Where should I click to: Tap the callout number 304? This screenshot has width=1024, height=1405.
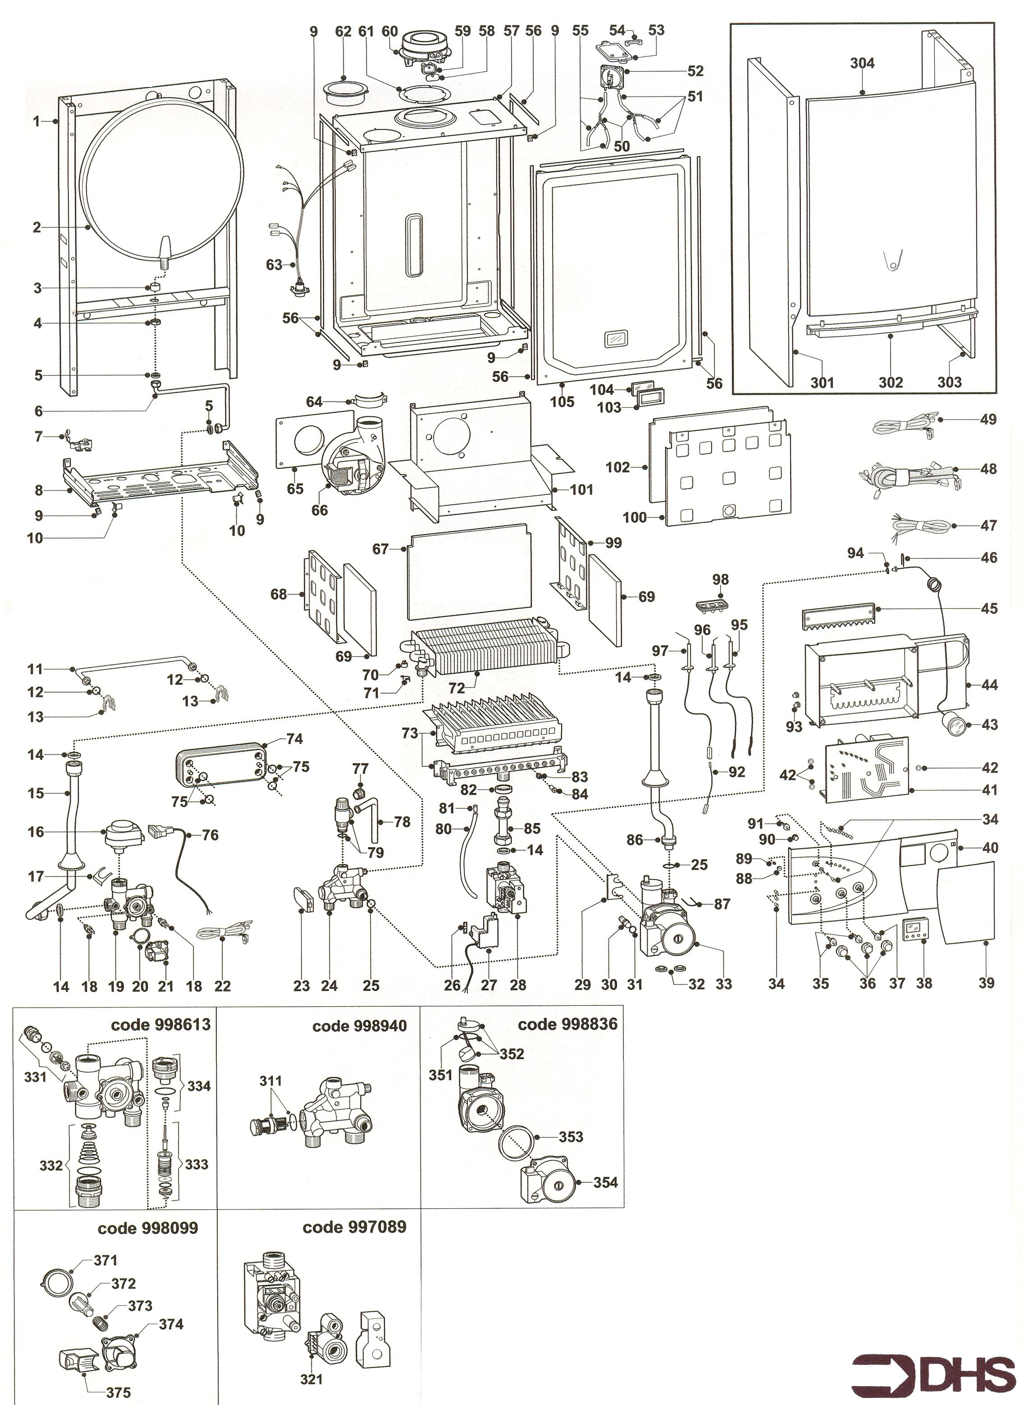[x=862, y=63]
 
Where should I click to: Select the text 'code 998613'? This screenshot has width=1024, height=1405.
[x=160, y=1024]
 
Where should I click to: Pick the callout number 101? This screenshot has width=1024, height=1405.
[x=581, y=489]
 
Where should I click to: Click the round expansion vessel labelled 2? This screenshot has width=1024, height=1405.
[x=162, y=186]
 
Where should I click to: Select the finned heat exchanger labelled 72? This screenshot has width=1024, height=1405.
[x=484, y=648]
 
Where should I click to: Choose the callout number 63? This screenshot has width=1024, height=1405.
[x=274, y=265]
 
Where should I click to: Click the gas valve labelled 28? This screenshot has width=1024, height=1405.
[x=503, y=891]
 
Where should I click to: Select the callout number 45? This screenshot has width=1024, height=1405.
[x=989, y=608]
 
